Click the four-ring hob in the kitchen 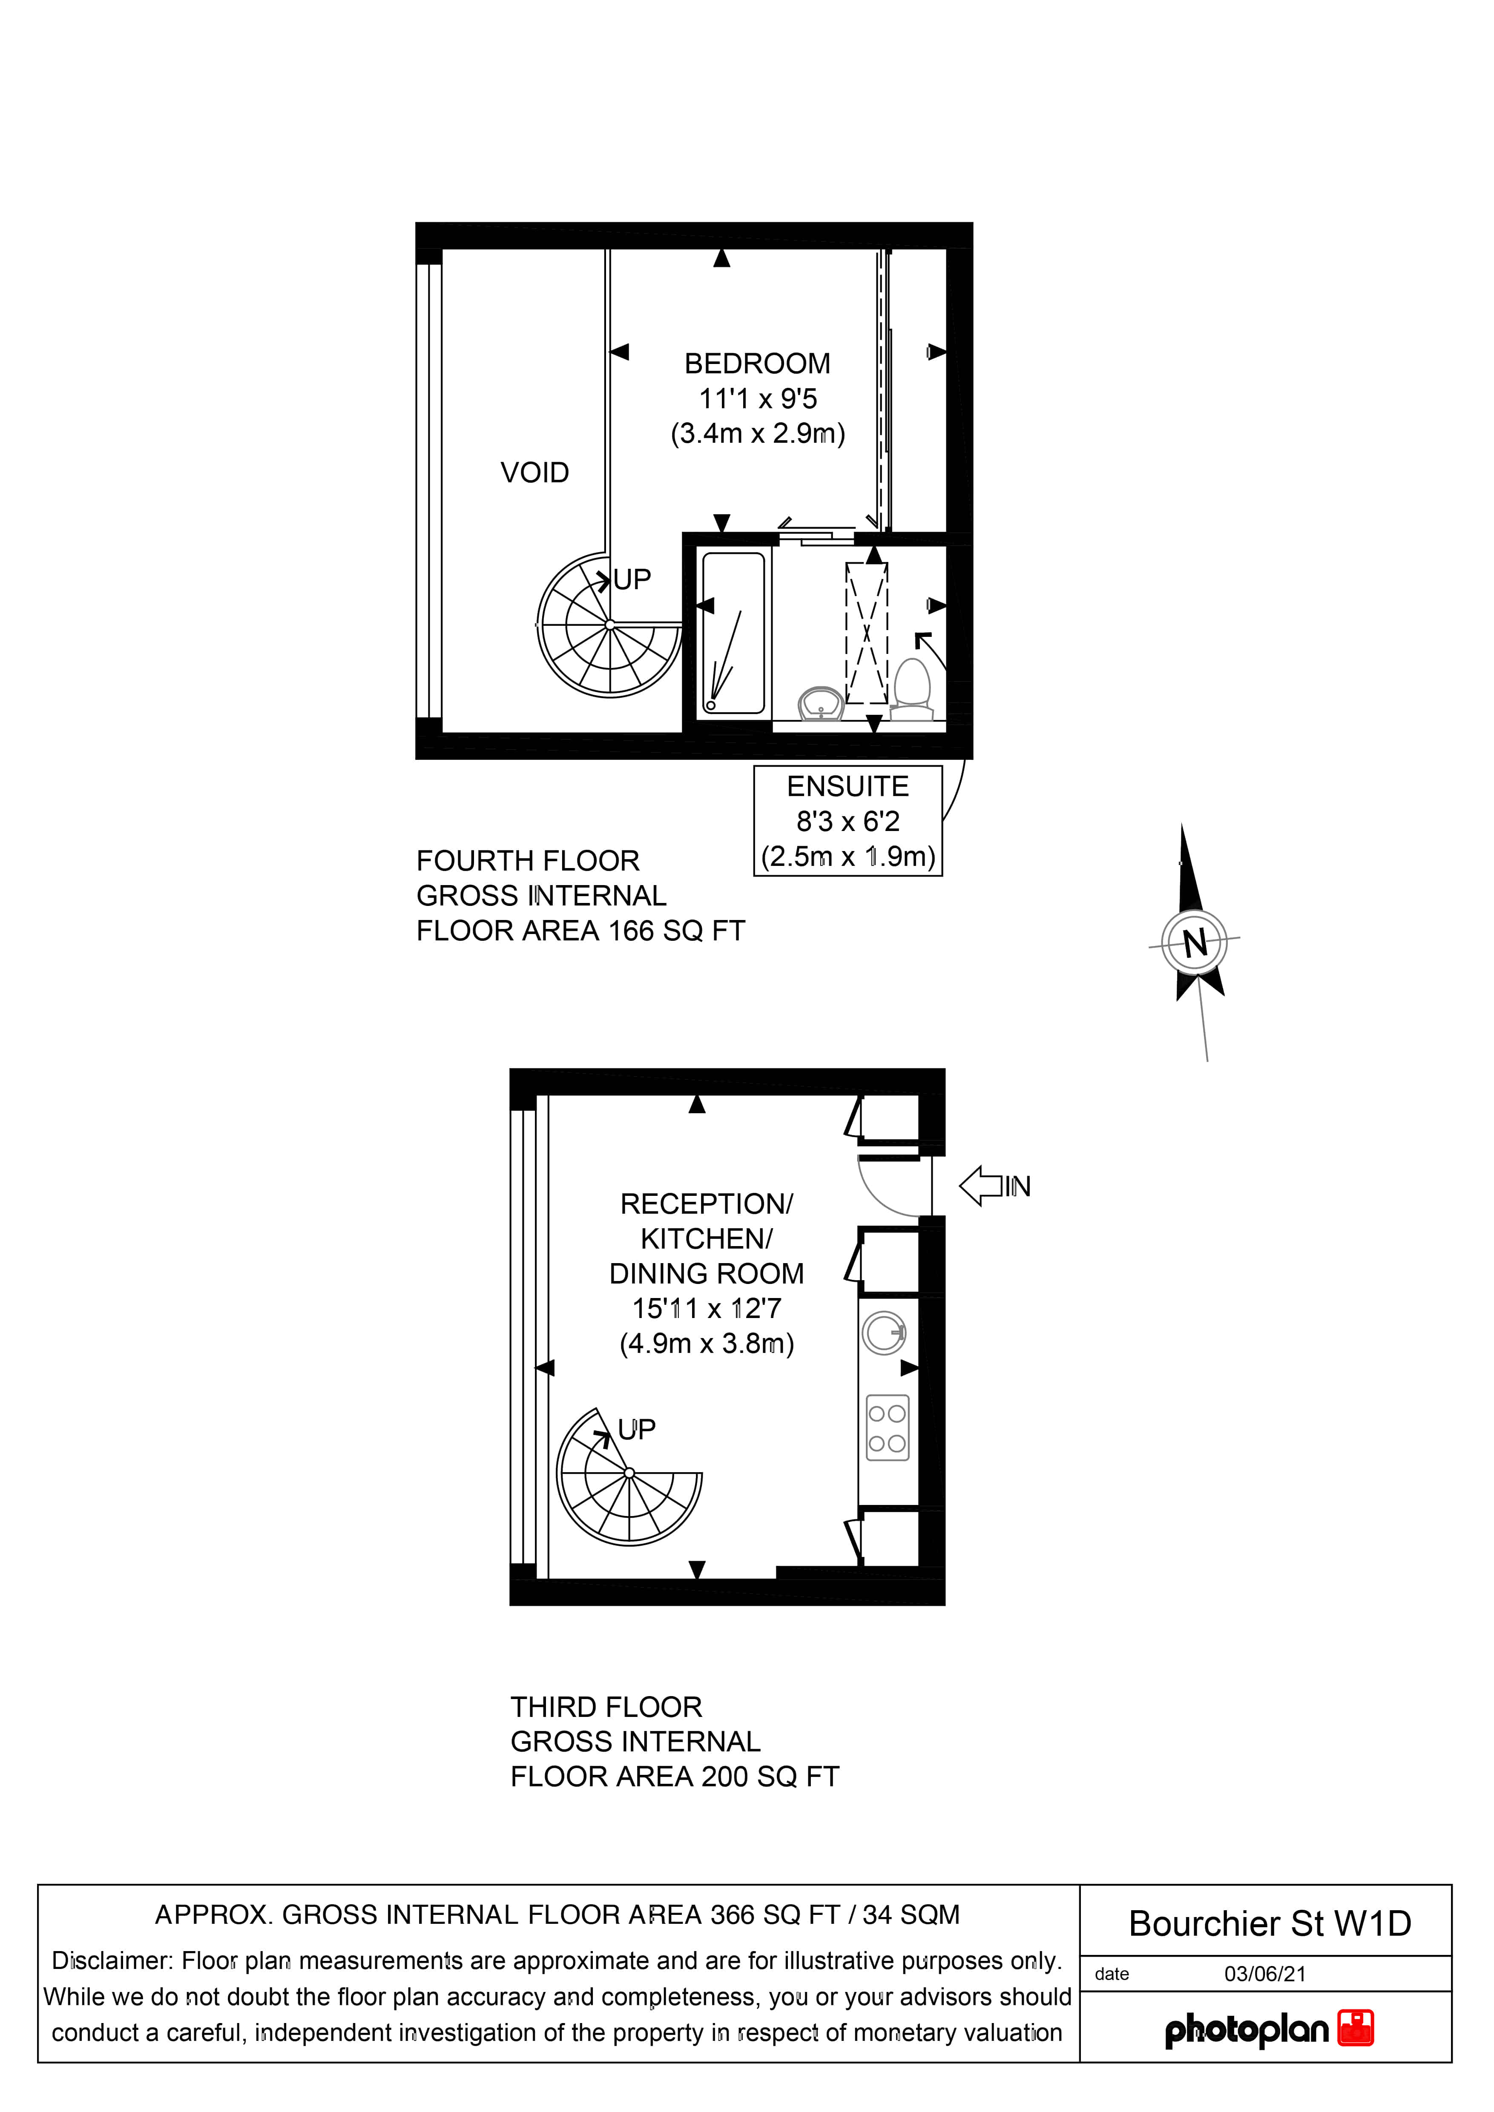click(x=887, y=1427)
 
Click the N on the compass click(x=1194, y=943)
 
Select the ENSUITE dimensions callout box click(x=847, y=820)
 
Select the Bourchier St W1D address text click(x=1270, y=1923)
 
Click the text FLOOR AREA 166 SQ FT click(x=580, y=931)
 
